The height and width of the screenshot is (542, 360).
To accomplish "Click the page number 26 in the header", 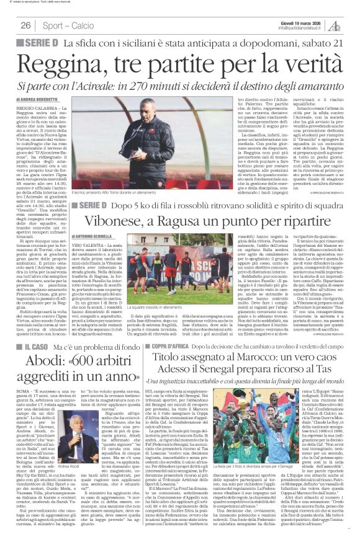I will pyautogui.click(x=25, y=25).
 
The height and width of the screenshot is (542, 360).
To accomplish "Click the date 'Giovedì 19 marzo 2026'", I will pyautogui.click(x=303, y=22).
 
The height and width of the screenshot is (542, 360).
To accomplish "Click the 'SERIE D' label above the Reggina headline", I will pyautogui.click(x=38, y=43).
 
